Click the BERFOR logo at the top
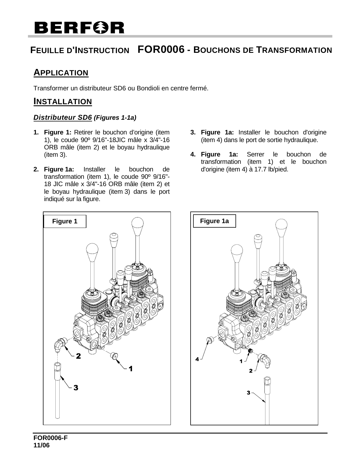pos(79,28)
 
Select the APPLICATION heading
pos(61,73)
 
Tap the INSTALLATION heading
pos(63,101)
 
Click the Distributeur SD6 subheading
pos(63,117)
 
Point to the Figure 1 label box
pos(65,221)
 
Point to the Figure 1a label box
pos(214,221)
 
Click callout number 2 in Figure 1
pos(78,356)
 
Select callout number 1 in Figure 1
pos(130,369)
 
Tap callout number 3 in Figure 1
pos(75,388)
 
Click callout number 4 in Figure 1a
pos(198,359)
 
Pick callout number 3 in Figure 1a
pos(248,392)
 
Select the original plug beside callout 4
pos(210,341)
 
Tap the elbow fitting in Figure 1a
pos(265,360)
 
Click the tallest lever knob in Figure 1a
pos(282,227)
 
